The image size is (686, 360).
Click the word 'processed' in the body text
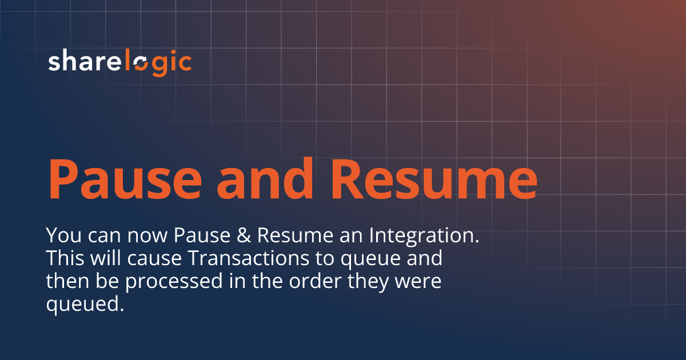point(177,282)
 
